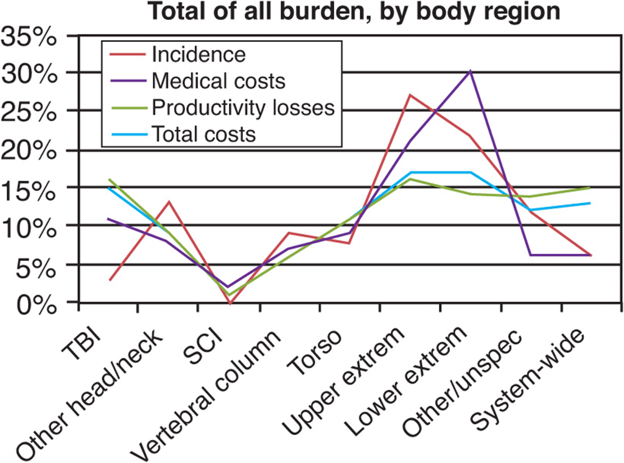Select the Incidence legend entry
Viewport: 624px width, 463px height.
(x=198, y=55)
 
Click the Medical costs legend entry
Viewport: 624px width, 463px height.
(x=218, y=80)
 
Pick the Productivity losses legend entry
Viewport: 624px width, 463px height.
(x=243, y=107)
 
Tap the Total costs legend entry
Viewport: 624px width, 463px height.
(x=203, y=133)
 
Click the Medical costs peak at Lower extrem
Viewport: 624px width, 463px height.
(x=470, y=71)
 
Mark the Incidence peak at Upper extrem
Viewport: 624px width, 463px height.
(x=410, y=95)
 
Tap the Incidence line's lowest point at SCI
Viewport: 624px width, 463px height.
(x=230, y=302)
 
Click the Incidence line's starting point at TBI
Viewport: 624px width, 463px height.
(x=109, y=280)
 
